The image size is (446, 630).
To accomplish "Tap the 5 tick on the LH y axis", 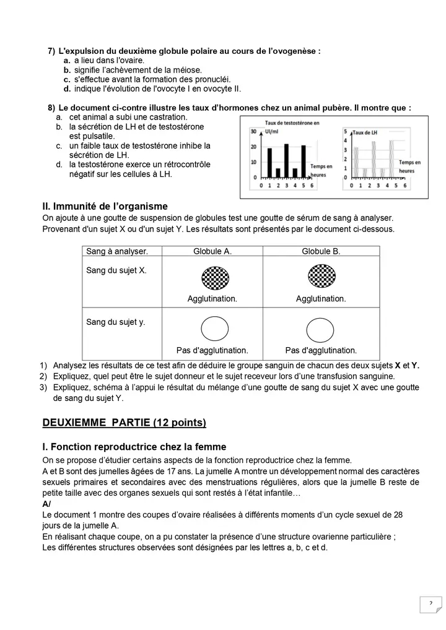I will click(345, 132).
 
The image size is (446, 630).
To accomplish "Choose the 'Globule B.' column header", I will click(321, 251).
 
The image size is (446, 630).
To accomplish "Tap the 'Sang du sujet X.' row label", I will click(116, 270).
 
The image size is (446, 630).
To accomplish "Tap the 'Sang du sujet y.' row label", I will click(115, 322).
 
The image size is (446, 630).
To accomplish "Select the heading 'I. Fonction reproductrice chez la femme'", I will click(134, 447).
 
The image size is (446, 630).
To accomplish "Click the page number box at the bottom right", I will click(430, 604).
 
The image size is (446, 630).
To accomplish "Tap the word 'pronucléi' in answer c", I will click(209, 79).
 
